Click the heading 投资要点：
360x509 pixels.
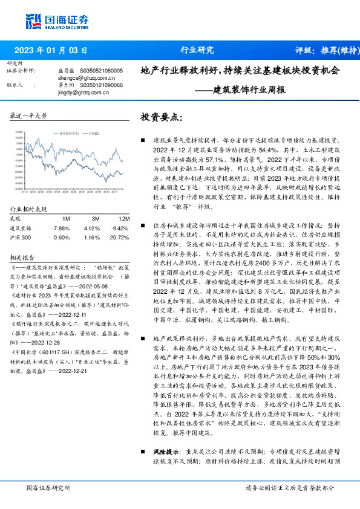pyautogui.click(x=161, y=116)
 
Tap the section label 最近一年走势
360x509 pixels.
pyautogui.click(x=28, y=115)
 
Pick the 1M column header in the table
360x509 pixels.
pyautogui.click(x=66, y=218)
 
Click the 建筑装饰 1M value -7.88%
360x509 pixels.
pyautogui.click(x=62, y=228)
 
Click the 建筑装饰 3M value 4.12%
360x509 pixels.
pyautogui.click(x=93, y=228)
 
